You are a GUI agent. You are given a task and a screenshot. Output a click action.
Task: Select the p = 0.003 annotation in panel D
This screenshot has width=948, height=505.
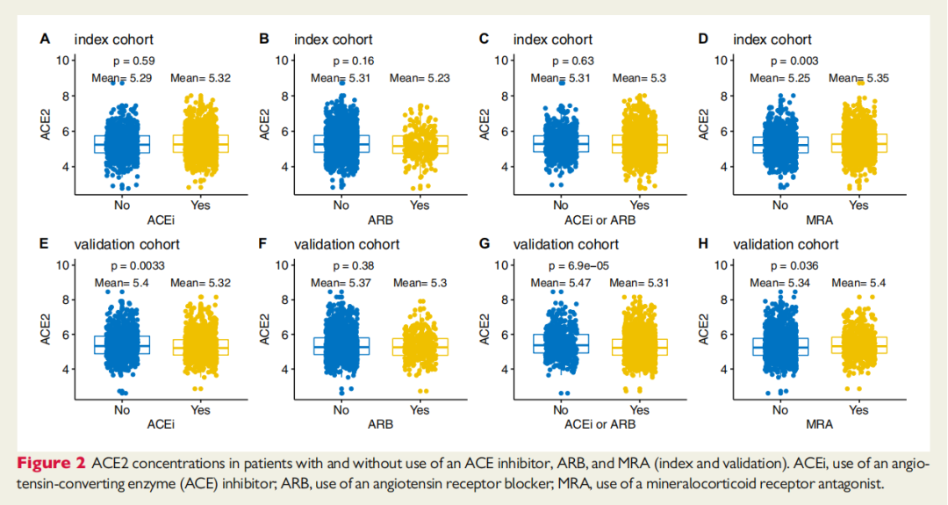(x=794, y=61)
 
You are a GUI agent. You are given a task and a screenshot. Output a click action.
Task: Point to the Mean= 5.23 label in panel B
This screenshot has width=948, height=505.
(x=420, y=78)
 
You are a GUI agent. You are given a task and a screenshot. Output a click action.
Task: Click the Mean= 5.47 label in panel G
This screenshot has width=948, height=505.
(x=561, y=283)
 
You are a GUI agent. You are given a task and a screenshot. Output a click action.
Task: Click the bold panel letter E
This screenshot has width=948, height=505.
(x=44, y=244)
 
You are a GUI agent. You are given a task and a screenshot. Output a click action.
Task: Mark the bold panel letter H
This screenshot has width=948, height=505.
(x=702, y=244)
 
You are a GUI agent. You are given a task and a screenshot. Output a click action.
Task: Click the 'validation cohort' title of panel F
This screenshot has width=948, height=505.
(x=347, y=244)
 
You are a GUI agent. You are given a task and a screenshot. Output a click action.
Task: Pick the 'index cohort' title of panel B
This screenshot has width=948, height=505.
(x=334, y=40)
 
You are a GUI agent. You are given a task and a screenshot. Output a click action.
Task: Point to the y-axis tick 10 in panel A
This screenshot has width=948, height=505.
(x=61, y=60)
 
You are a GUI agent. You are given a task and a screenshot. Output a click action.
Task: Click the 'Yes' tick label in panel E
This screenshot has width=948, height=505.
(x=200, y=409)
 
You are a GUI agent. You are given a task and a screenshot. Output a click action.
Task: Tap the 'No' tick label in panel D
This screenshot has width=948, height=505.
(x=780, y=205)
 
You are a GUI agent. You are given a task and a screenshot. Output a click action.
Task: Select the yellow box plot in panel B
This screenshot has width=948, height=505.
(x=420, y=145)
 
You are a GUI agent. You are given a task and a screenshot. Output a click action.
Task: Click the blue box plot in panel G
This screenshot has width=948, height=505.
(x=561, y=343)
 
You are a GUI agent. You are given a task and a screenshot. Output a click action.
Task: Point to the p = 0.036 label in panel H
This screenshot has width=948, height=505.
(x=794, y=265)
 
